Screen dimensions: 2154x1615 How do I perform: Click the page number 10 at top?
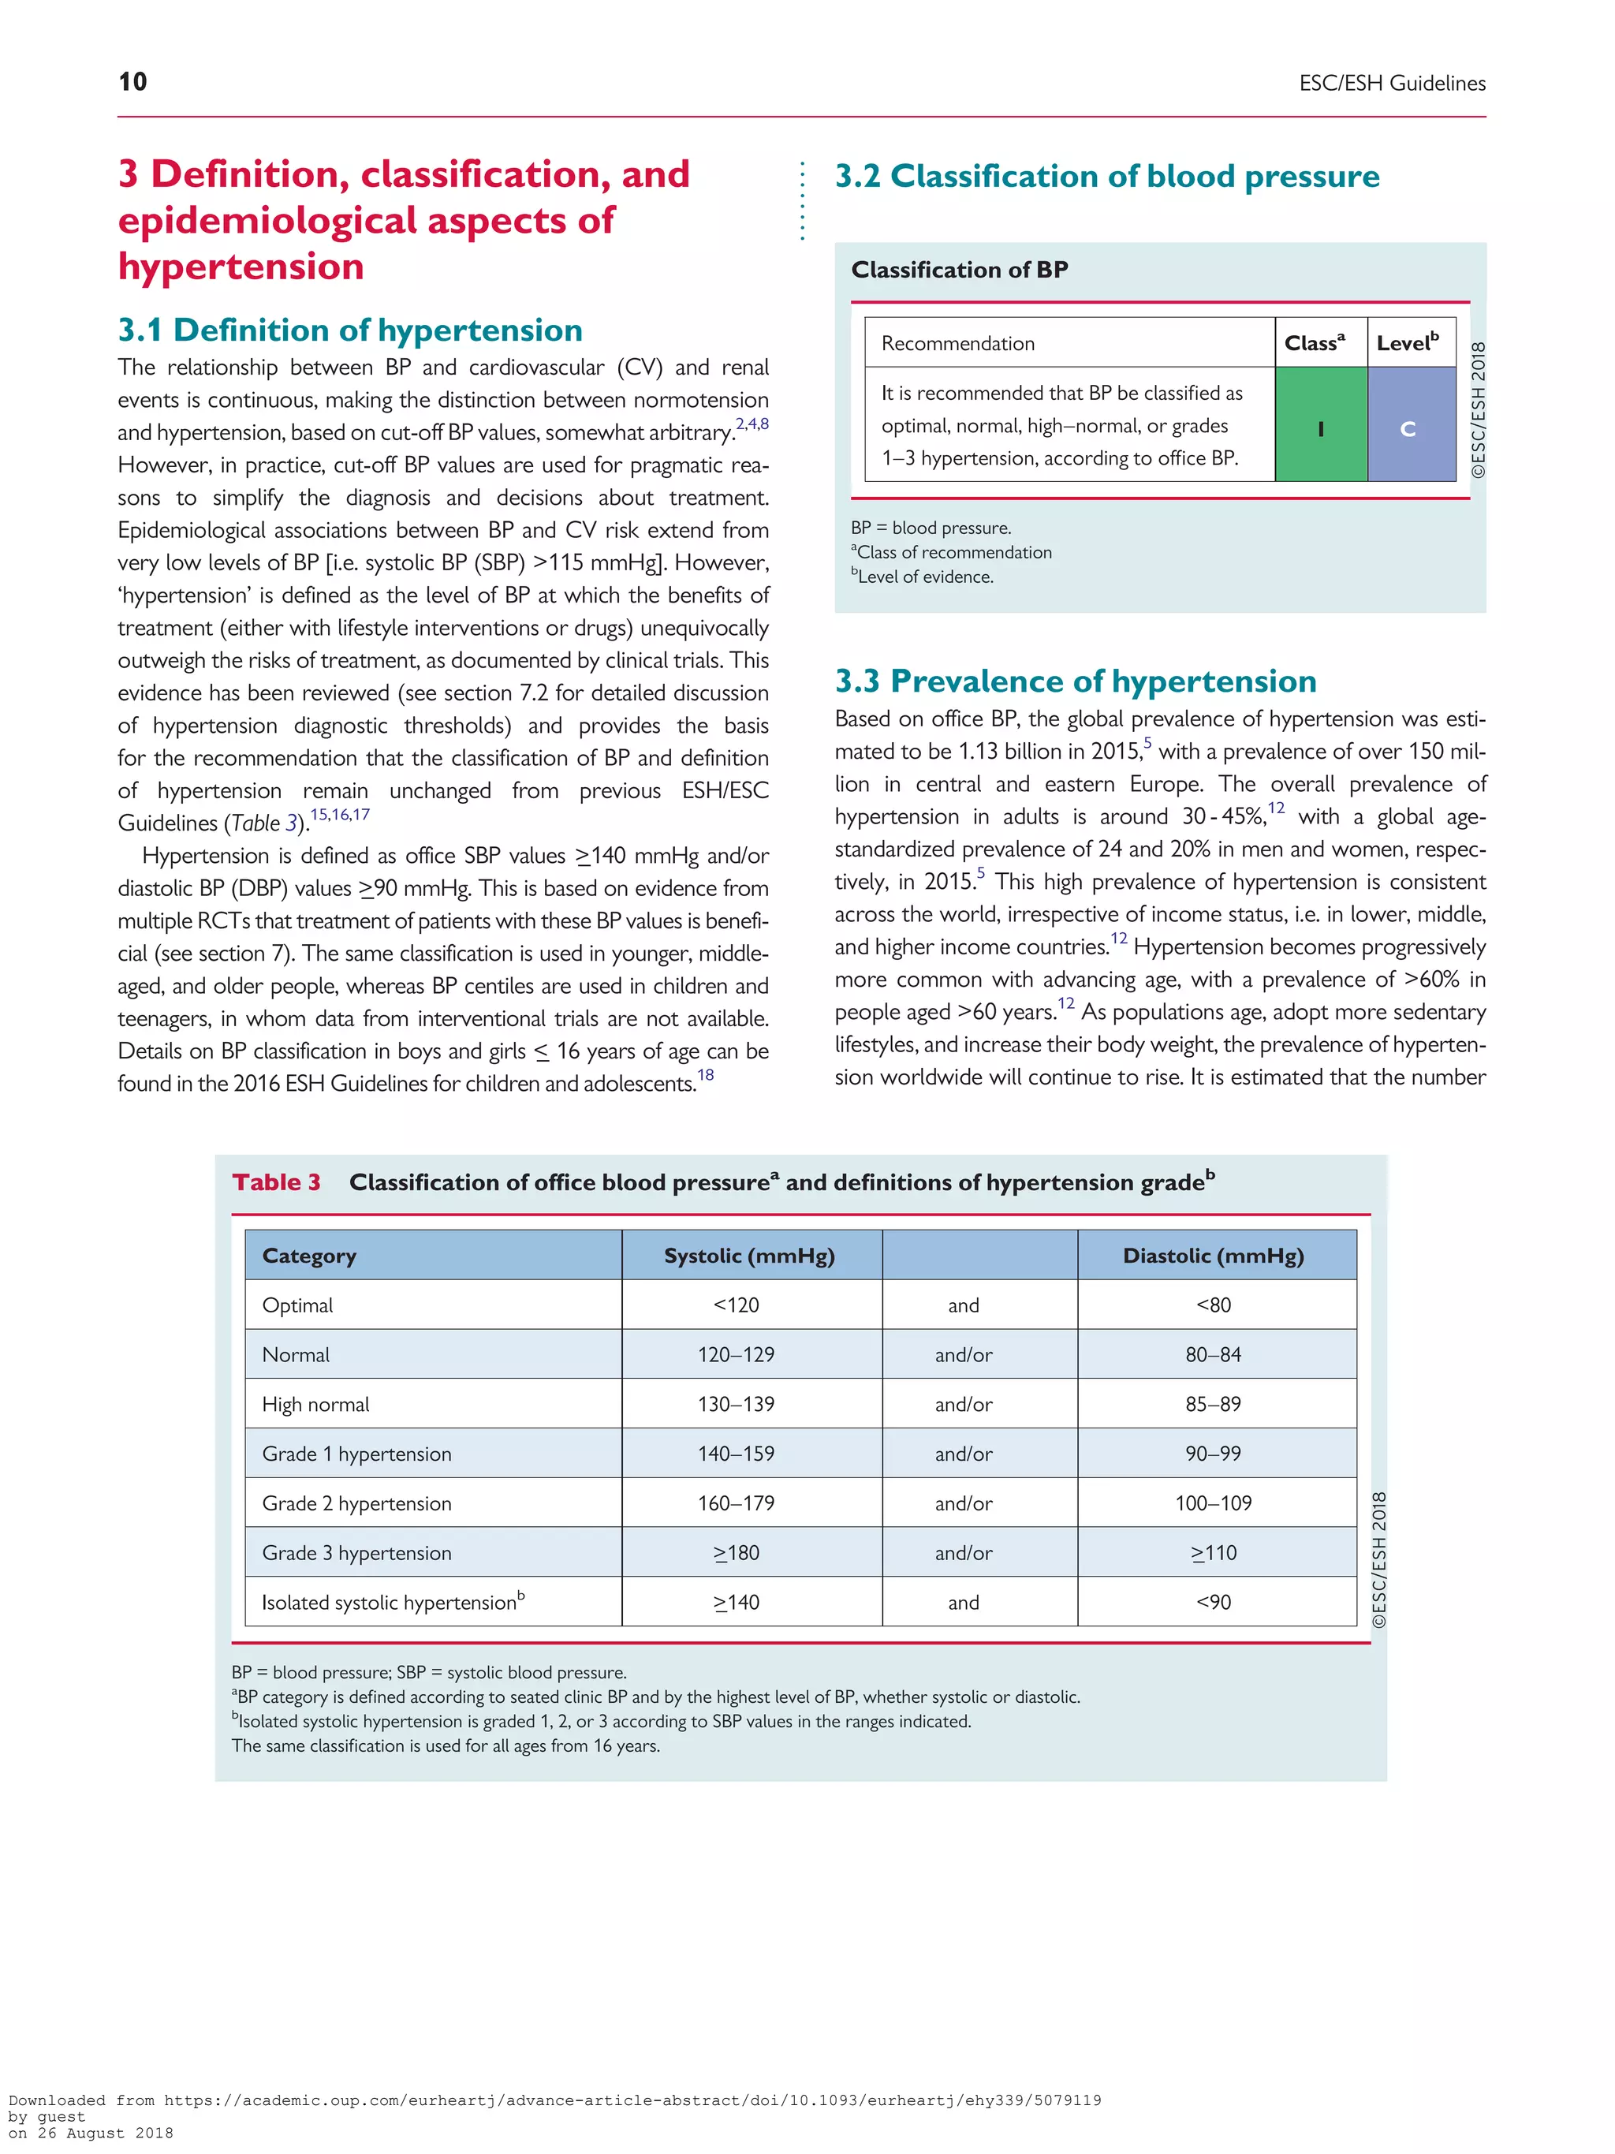(132, 82)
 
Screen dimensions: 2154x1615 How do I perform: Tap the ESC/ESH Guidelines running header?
(1391, 84)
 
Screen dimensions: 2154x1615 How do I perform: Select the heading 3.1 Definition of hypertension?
(349, 330)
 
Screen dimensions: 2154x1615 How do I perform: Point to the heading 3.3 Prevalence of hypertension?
(1075, 681)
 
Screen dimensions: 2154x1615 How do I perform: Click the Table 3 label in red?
(275, 1182)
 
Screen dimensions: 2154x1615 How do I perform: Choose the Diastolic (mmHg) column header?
(1213, 1255)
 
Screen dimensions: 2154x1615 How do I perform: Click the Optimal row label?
(297, 1305)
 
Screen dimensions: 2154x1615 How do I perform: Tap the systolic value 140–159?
(735, 1454)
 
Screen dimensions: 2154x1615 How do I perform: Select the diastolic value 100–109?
(1213, 1503)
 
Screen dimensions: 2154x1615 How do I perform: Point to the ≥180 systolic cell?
(735, 1553)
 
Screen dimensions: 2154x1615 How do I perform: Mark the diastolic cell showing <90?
(1213, 1602)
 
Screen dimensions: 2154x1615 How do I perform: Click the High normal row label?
(315, 1404)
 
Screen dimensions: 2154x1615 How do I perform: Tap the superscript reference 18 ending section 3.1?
(706, 1075)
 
